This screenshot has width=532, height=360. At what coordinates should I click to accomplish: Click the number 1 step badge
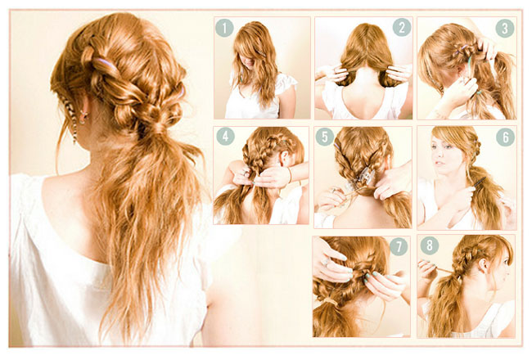[224, 28]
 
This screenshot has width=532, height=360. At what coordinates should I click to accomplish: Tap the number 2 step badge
[402, 27]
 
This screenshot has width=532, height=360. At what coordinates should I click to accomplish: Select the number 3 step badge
[505, 28]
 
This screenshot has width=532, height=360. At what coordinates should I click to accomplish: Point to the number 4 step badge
[225, 137]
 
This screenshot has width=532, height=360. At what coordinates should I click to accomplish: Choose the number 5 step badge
[325, 137]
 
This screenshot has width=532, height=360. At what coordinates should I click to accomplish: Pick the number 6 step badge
[506, 137]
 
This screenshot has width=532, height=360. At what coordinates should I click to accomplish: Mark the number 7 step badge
[399, 246]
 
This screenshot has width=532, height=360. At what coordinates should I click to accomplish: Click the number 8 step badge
[430, 245]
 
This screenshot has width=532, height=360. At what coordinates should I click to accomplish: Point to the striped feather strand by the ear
[70, 119]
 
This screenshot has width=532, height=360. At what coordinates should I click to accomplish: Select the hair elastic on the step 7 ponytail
[331, 301]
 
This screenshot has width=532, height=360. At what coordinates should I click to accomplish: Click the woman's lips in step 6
[439, 163]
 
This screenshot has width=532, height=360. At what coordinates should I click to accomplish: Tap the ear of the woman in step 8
[483, 265]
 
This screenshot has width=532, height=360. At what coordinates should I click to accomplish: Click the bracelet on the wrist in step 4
[290, 175]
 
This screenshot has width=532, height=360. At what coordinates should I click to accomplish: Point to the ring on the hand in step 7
[326, 262]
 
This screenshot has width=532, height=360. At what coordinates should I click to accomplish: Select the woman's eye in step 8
[506, 261]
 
